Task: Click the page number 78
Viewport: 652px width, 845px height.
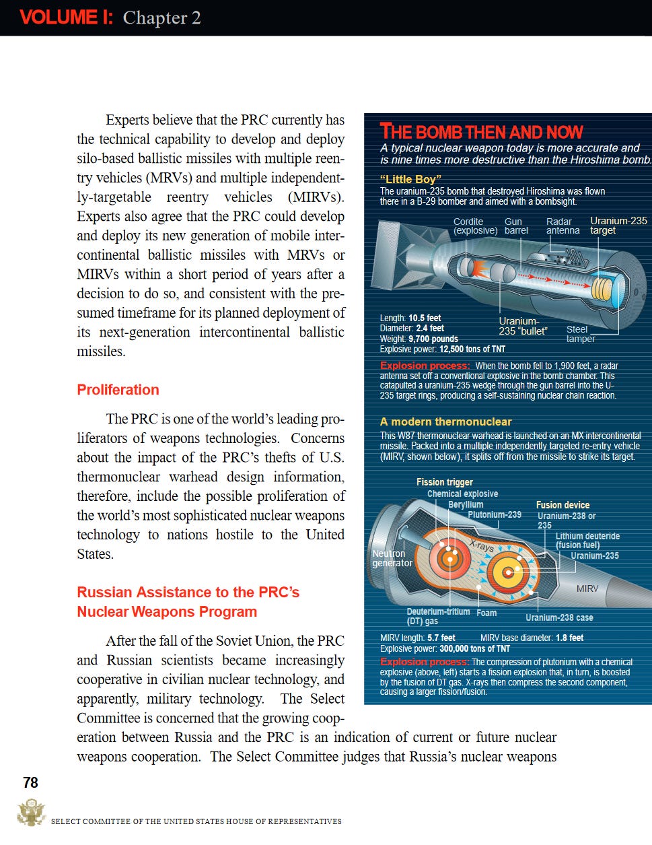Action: (x=31, y=782)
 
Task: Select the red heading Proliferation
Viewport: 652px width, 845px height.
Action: (x=118, y=390)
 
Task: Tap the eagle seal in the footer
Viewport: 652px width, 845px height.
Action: (x=30, y=812)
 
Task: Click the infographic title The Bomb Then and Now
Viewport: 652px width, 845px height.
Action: (x=481, y=131)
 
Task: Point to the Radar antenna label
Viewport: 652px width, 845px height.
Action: (x=563, y=226)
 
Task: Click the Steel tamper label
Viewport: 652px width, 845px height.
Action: (x=580, y=334)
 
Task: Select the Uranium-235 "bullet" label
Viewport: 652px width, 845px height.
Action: (x=523, y=326)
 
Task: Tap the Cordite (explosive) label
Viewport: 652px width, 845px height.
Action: (x=475, y=226)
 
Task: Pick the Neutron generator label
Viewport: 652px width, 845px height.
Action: (x=392, y=558)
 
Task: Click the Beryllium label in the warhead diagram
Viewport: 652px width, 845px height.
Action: (x=466, y=504)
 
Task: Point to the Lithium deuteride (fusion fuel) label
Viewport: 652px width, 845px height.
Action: (x=587, y=541)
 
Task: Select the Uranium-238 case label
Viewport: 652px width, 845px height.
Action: (x=559, y=617)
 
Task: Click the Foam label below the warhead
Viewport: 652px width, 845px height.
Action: (x=486, y=613)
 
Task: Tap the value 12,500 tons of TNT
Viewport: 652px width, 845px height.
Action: (x=472, y=349)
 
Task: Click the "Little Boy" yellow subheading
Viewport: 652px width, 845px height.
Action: (x=410, y=179)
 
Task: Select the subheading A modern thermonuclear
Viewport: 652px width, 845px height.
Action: (x=445, y=421)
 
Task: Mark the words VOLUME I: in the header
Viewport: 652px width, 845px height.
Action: (x=66, y=18)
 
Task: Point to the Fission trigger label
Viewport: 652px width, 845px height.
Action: (x=444, y=482)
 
